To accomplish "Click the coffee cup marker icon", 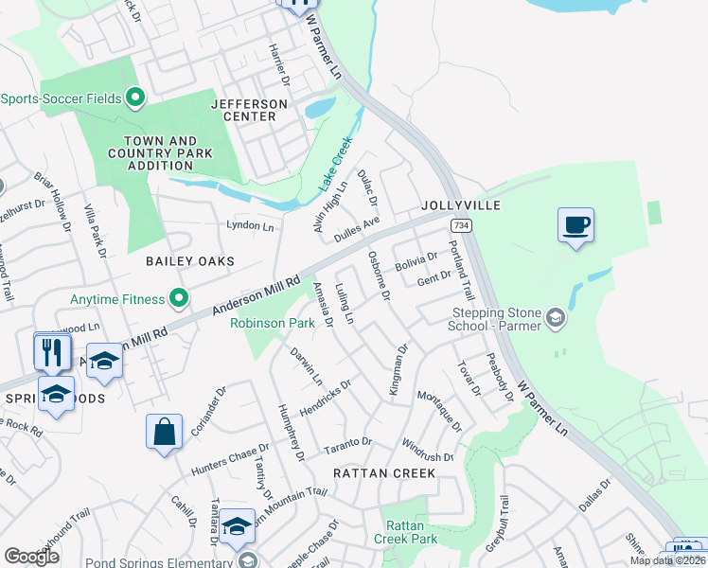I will pos(575,225).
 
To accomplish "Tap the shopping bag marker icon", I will pos(164,432).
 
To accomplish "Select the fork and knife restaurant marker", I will pos(52,352).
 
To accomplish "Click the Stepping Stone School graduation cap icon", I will pos(557,319).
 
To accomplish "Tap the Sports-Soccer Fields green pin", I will pos(134,98).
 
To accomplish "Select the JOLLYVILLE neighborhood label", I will pos(460,204).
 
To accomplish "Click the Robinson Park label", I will pos(273,323).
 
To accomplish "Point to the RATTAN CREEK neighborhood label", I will pos(384,472).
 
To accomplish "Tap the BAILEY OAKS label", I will pos(189,260).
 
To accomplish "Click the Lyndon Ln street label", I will pos(250,226).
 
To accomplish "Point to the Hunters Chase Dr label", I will pos(223,457).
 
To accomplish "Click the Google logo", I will pos(31,557).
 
